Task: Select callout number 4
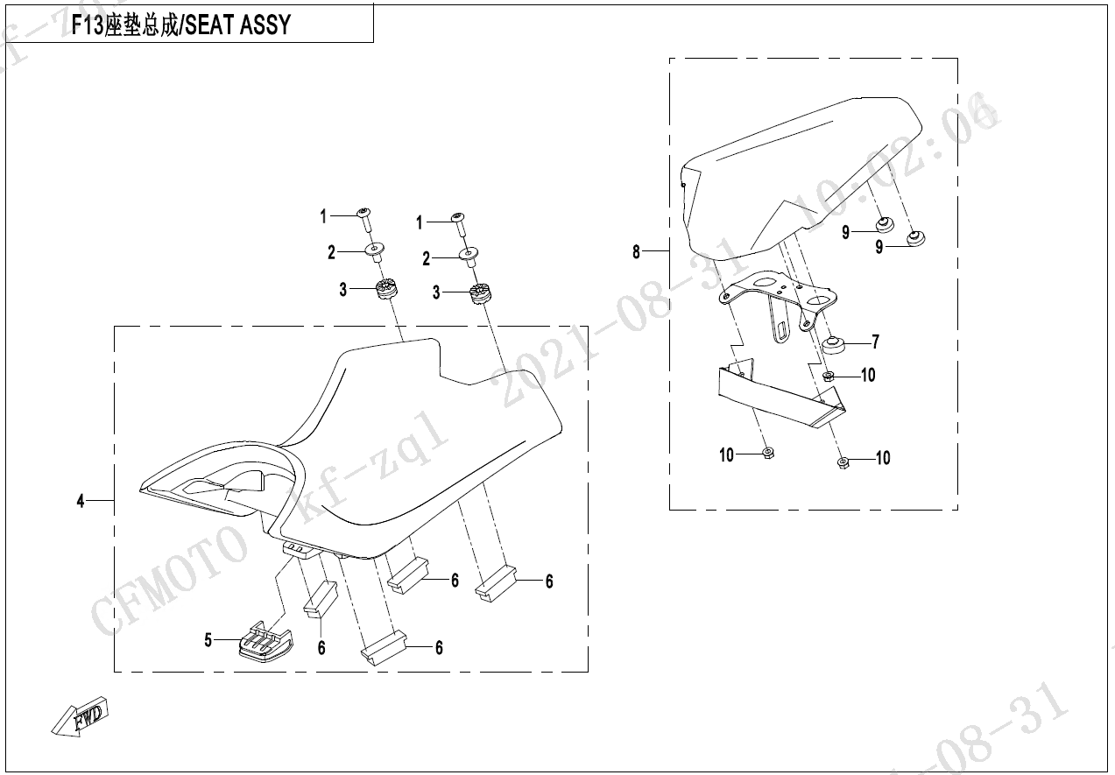click(81, 502)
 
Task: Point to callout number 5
click(208, 641)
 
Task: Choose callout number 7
click(874, 342)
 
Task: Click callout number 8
click(637, 253)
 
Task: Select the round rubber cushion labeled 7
click(834, 343)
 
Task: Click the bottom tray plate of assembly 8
click(775, 394)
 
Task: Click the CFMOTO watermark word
click(171, 578)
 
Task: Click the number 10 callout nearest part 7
click(867, 376)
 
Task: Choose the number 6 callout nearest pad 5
click(321, 648)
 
